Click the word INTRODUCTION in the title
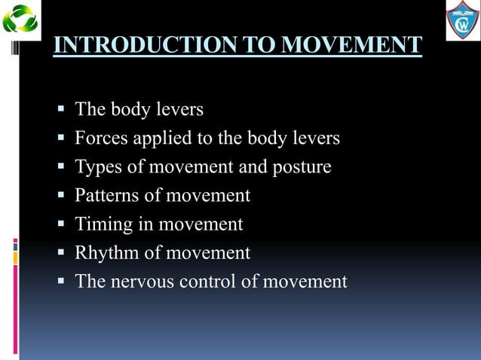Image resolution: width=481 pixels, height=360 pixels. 131,44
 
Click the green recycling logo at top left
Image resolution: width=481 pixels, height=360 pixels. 20,19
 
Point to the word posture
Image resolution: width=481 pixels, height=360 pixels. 302,167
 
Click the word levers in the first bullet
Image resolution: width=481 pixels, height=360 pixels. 179,110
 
